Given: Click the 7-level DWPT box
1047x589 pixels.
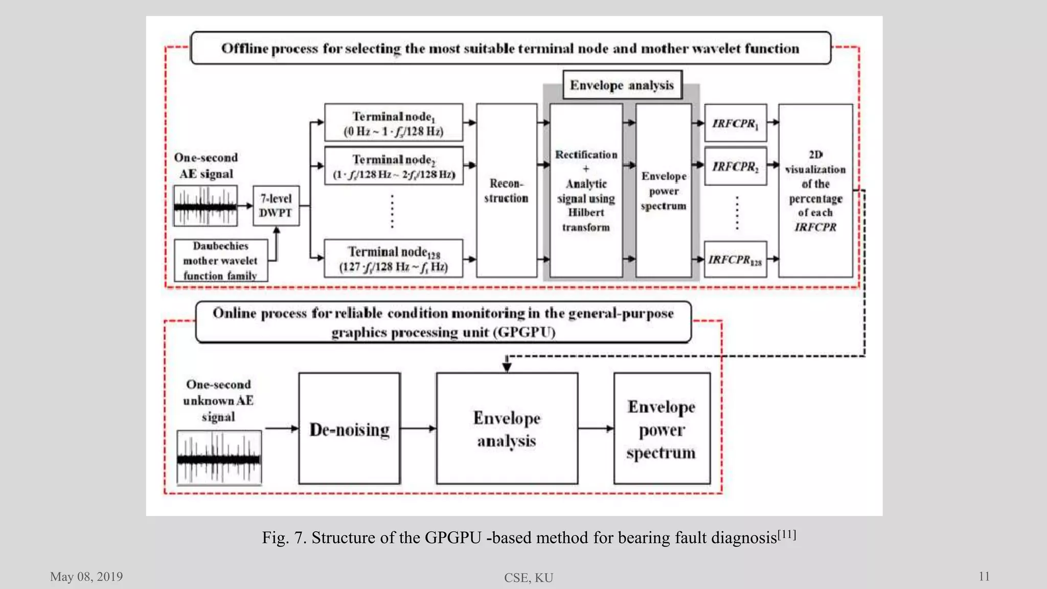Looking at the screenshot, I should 276,206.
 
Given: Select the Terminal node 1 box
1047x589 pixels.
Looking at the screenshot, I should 393,123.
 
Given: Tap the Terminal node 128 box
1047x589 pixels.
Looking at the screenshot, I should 393,259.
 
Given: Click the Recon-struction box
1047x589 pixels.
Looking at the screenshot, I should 506,191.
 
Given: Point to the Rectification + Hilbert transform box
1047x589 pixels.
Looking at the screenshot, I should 586,191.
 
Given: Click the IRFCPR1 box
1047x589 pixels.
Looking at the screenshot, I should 735,123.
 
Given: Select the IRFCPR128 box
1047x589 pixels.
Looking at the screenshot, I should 735,259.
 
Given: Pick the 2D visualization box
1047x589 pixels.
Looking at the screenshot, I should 815,191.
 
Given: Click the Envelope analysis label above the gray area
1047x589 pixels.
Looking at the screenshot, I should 622,85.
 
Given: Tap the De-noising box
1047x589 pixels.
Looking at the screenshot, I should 349,428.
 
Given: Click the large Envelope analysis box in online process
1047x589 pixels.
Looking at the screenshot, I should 507,428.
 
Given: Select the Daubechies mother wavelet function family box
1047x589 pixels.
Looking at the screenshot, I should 220,260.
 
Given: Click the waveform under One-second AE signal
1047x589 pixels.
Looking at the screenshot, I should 205,206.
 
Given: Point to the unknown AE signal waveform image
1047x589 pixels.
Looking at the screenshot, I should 219,458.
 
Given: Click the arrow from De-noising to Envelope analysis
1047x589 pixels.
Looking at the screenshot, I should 418,428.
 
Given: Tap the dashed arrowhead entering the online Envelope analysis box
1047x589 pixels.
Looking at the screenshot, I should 507,366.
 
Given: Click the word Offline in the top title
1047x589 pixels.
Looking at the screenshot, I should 244,49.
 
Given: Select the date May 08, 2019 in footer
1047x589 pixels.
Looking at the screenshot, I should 86,577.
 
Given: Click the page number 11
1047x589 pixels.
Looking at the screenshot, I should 984,577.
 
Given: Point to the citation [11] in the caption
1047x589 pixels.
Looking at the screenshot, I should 787,534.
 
